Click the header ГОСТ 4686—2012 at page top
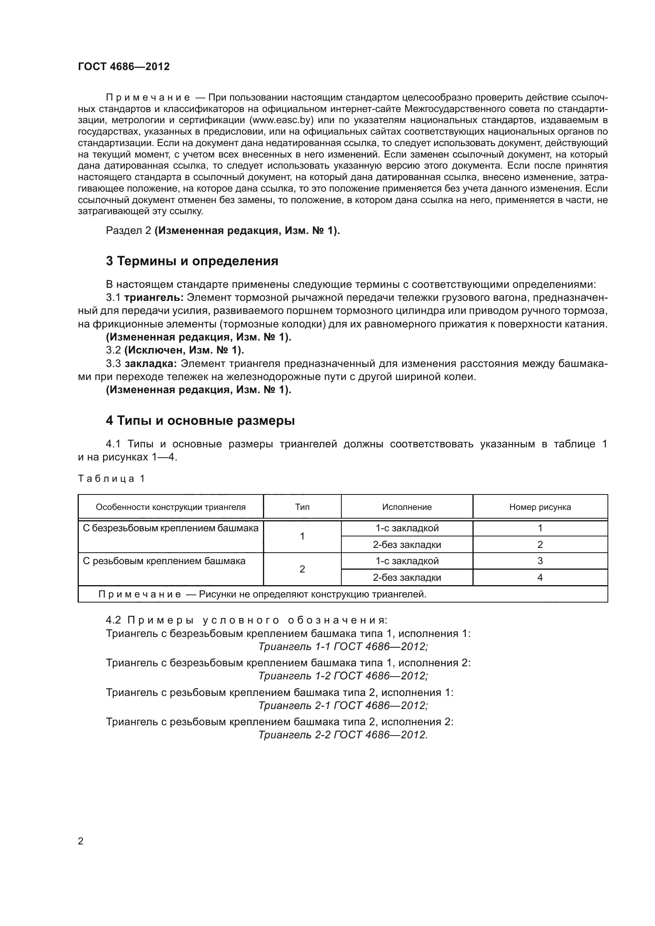pyautogui.click(x=124, y=67)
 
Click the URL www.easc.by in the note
pyautogui.click(x=282, y=120)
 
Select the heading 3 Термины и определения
pyautogui.click(x=192, y=261)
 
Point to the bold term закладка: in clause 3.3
pyautogui.click(x=150, y=364)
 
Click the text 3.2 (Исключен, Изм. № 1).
pyautogui.click(x=175, y=350)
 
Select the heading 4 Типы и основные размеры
pyautogui.click(x=200, y=421)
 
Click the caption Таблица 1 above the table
pyautogui.click(x=111, y=479)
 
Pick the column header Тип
pyautogui.click(x=302, y=507)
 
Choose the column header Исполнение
pyautogui.click(x=407, y=507)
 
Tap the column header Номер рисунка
pyautogui.click(x=540, y=507)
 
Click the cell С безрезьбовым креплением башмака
pyautogui.click(x=170, y=529)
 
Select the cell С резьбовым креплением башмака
pyautogui.click(x=164, y=561)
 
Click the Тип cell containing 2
pyautogui.click(x=302, y=569)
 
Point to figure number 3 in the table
pyautogui.click(x=540, y=561)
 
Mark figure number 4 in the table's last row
pyautogui.click(x=540, y=578)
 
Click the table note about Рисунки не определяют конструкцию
pyautogui.click(x=262, y=594)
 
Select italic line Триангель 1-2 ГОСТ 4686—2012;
pyautogui.click(x=343, y=676)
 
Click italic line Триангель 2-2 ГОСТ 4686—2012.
pyautogui.click(x=343, y=735)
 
